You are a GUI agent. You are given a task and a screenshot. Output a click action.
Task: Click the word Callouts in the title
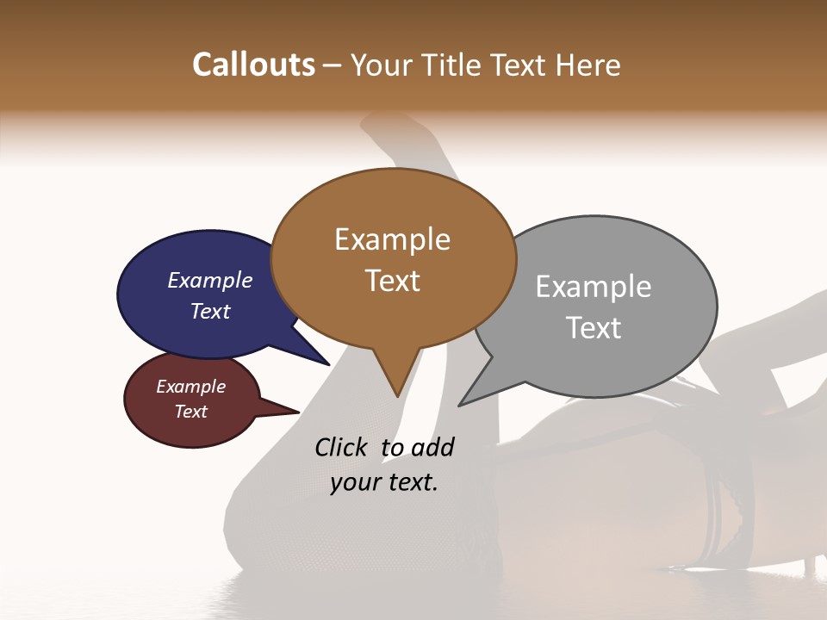point(253,65)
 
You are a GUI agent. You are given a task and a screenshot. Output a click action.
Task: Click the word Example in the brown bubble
point(392,239)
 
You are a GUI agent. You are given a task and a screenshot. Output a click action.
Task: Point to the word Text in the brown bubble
point(392,281)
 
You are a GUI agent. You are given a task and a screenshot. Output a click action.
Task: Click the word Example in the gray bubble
point(594,287)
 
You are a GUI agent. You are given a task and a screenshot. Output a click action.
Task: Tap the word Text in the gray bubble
point(594,328)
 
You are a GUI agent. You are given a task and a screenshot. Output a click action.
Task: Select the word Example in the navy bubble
point(210,281)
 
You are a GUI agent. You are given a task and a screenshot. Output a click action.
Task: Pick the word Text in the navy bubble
point(210,311)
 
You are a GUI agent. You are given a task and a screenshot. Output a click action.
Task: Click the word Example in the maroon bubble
point(191,387)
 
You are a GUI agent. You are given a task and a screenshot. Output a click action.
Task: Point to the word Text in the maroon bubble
point(191,412)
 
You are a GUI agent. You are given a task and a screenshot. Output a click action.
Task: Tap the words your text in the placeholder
point(384,482)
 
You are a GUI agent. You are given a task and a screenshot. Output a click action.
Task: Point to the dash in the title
point(332,65)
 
